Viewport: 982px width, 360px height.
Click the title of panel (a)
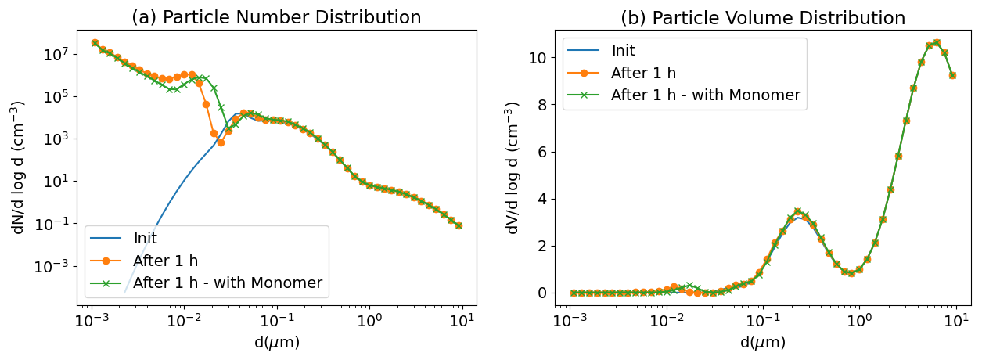(x=276, y=17)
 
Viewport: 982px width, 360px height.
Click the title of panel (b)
(x=763, y=17)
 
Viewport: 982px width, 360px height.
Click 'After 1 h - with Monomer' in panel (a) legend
(x=228, y=283)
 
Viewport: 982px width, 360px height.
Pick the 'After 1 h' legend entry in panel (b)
(x=643, y=74)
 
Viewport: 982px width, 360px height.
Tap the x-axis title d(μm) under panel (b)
(x=763, y=343)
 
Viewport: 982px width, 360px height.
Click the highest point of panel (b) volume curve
(x=937, y=42)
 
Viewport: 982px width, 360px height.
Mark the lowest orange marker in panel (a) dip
(x=221, y=142)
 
